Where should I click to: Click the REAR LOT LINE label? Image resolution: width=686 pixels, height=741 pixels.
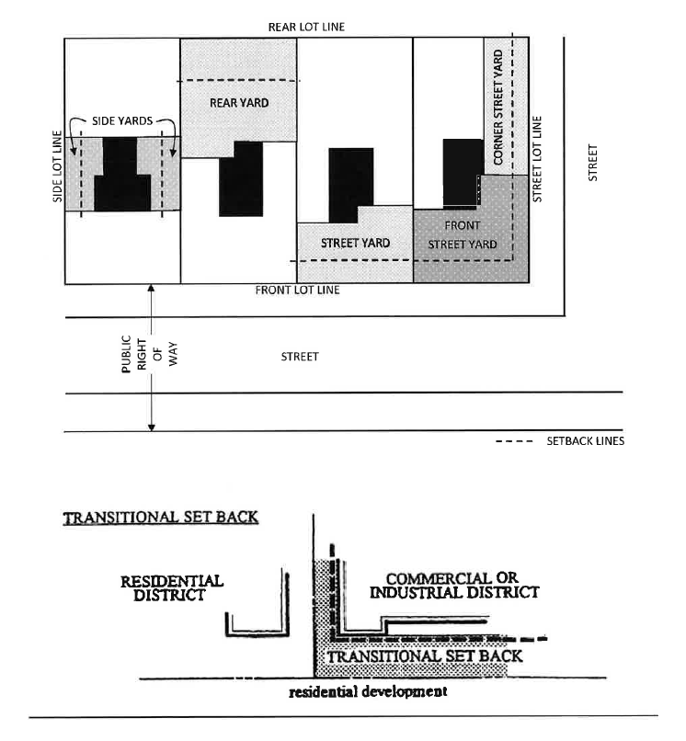[x=306, y=27]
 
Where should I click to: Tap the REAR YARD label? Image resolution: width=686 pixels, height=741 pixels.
[x=239, y=103]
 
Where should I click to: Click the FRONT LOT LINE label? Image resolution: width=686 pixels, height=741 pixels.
[x=297, y=291]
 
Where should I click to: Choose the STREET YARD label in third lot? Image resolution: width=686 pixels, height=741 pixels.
[x=355, y=243]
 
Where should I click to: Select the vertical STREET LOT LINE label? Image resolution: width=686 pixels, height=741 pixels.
[x=539, y=158]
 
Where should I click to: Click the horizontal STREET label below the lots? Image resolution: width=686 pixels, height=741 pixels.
[x=300, y=357]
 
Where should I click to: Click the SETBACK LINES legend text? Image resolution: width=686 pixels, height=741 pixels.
[x=584, y=441]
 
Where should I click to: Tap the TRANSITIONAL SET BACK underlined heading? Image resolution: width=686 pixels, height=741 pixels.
[x=161, y=519]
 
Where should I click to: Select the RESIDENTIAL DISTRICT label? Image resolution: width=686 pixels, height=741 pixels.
[x=172, y=588]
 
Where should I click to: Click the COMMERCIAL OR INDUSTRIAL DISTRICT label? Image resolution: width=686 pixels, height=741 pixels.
[x=454, y=586]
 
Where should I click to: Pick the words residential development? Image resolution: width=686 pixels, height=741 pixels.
[x=368, y=691]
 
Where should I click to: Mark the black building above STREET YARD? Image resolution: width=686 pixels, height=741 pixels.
[x=351, y=184]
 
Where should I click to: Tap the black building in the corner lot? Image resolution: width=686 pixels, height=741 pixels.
[x=462, y=173]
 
